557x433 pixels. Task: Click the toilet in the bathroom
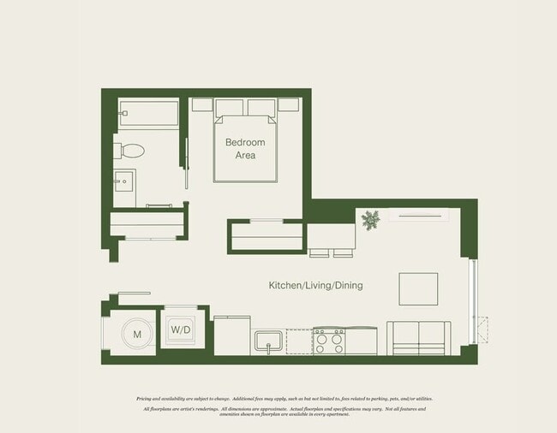tap(132, 151)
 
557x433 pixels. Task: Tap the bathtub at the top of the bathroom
tap(148, 111)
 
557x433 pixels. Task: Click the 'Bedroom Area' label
tap(245, 149)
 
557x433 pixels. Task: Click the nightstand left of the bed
tap(202, 104)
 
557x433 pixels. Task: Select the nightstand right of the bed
tap(289, 104)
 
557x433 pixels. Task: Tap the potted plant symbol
tap(370, 221)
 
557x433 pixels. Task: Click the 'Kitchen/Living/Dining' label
tap(315, 285)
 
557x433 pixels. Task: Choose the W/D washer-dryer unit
tap(180, 329)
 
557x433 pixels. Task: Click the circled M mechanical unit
tap(135, 335)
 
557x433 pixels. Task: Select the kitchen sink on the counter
tap(268, 341)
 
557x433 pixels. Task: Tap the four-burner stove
tap(328, 341)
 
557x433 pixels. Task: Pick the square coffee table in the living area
tap(418, 288)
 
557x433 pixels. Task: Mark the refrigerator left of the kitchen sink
tap(231, 335)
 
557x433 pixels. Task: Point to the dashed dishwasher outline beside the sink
tap(297, 341)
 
